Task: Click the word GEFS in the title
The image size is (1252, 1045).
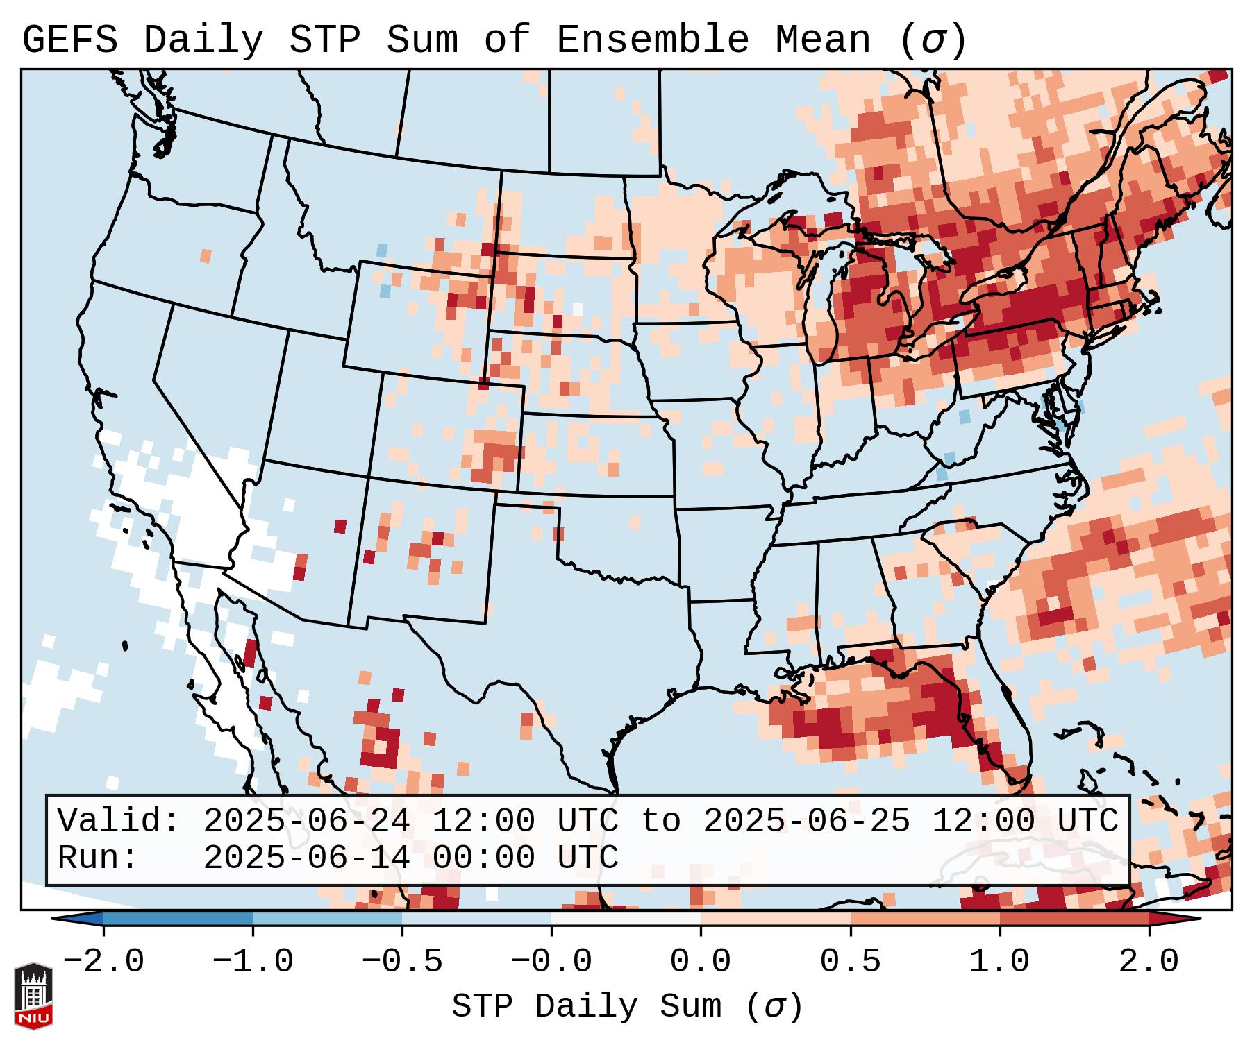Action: [69, 40]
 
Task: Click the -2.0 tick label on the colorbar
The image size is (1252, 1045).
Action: [103, 962]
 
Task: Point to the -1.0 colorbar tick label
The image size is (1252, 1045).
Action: [253, 962]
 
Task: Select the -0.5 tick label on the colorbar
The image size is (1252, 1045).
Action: [402, 962]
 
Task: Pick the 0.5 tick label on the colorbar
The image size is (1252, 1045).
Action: [850, 962]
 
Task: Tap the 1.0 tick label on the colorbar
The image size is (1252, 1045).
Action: [999, 962]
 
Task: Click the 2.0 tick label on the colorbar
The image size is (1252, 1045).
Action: [1149, 962]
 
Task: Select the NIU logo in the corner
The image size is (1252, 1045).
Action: [33, 996]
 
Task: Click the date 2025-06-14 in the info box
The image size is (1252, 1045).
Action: [306, 858]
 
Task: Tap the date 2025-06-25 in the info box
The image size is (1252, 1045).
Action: [806, 821]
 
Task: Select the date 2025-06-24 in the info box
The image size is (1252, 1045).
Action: [306, 821]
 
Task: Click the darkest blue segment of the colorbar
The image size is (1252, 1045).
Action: [178, 919]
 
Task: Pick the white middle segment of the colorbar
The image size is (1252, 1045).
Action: [626, 919]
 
